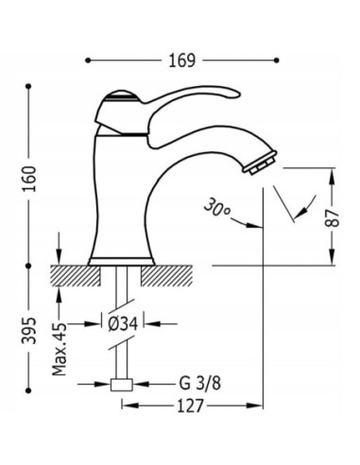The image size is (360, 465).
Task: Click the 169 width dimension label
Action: coord(181,60)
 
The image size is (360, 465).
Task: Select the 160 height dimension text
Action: coord(31,179)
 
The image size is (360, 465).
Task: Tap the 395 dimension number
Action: coord(29,330)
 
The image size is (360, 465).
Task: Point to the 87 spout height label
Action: coord(333,218)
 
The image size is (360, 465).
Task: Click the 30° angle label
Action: coord(217,208)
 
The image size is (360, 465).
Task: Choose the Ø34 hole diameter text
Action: coord(123,324)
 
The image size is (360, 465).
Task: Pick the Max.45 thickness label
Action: coord(60,349)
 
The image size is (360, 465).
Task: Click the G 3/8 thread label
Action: coord(200,384)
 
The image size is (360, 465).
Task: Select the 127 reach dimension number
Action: coord(191,405)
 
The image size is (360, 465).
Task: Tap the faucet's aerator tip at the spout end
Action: coord(260,163)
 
